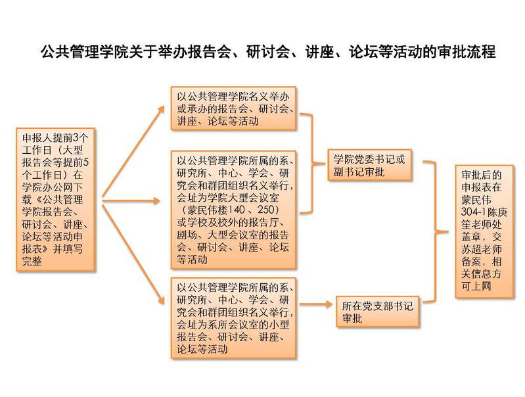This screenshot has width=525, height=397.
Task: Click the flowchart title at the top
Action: point(268,52)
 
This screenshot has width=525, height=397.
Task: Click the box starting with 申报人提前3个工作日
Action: point(56,199)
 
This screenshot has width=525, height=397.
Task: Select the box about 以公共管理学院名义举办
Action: point(233,108)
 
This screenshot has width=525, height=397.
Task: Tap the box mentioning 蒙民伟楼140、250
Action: point(233,210)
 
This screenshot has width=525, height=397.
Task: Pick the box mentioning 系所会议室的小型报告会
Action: point(233,318)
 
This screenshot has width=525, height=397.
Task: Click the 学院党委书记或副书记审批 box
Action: point(370,165)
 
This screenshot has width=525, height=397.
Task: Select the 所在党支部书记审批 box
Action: point(377,312)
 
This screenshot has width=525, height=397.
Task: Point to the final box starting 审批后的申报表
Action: point(484,231)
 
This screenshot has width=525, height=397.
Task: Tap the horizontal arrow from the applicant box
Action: point(131,201)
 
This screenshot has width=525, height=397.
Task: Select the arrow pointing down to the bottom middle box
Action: point(133,254)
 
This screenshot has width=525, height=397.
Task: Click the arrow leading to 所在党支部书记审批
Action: point(316,304)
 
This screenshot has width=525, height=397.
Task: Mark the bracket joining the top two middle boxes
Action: point(312,164)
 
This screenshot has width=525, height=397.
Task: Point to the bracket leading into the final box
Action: point(436,232)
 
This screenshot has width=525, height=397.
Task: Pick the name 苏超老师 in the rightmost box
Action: point(482,249)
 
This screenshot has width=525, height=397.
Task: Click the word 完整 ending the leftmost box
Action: point(32,261)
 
